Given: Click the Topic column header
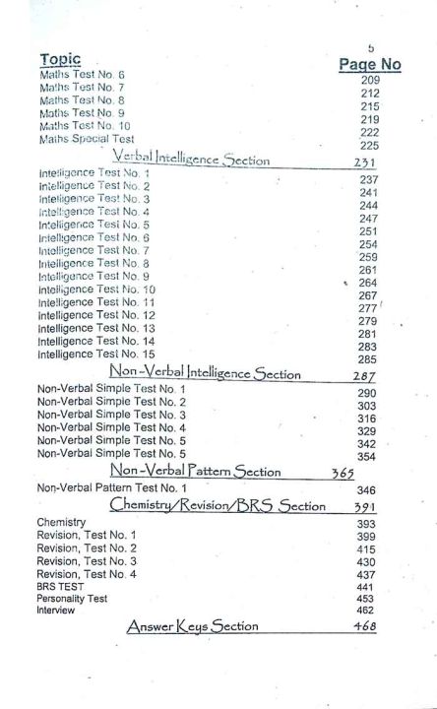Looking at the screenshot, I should click(x=61, y=60).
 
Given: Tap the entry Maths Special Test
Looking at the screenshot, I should click(x=87, y=140).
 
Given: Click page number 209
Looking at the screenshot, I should click(x=370, y=80).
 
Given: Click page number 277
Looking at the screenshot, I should click(x=368, y=308).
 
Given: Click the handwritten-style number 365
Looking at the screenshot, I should click(x=343, y=473).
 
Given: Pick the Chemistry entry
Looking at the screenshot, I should click(x=61, y=522).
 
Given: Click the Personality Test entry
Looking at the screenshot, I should click(x=70, y=598).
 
